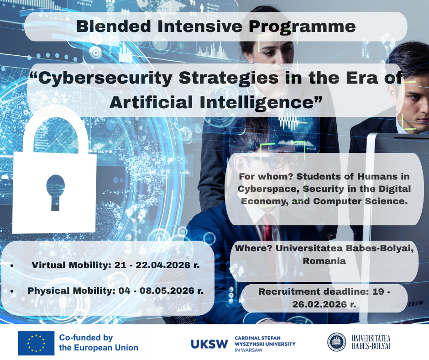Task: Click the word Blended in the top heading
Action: pos(114,26)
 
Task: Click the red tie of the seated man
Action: pos(267,229)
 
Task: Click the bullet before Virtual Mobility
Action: pos(12,266)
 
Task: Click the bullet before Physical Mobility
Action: pos(12,291)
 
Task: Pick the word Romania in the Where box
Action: pos(324,261)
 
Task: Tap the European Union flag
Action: pos(36,343)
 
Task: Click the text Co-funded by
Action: pos(86,338)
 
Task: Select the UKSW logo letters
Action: pos(209,344)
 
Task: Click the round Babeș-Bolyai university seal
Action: pos(336,342)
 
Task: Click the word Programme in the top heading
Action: pos(302,27)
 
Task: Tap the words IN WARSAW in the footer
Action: pos(248,350)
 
